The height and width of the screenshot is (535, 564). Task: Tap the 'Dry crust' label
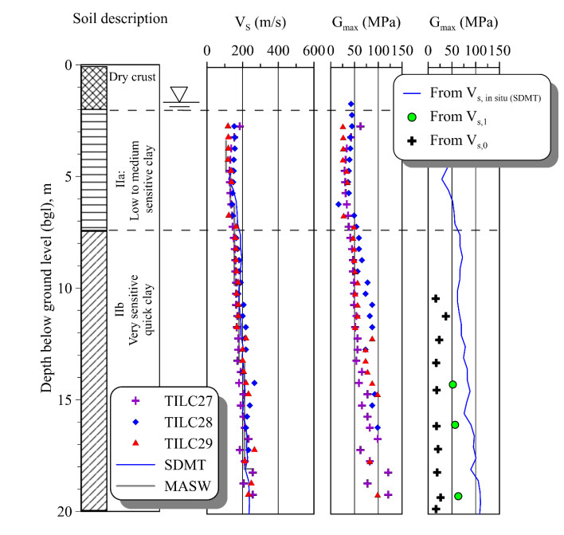point(134,77)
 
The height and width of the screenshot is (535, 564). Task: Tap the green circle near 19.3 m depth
point(458,496)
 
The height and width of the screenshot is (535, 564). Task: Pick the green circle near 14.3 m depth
point(452,384)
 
